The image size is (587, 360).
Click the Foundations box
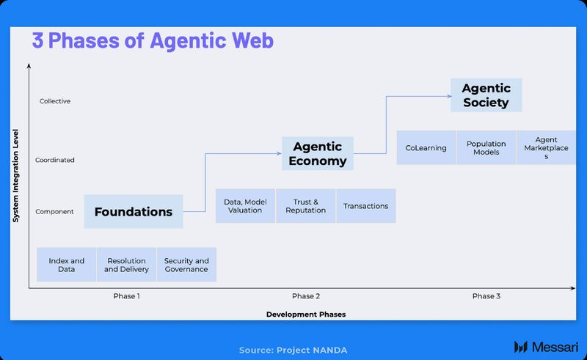(134, 212)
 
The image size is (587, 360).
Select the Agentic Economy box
(318, 154)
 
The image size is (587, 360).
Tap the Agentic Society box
(486, 95)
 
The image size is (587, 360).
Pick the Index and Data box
(67, 265)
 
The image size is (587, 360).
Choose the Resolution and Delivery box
(126, 265)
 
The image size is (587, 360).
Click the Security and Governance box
(186, 265)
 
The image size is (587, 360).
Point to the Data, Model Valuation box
(245, 206)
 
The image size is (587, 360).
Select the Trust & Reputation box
(305, 206)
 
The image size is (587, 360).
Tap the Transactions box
(365, 206)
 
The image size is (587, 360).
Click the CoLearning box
(426, 147)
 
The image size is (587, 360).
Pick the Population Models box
(486, 147)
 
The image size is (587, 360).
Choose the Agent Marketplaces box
(546, 147)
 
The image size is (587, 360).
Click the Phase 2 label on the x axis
(306, 296)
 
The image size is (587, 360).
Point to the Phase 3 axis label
(486, 296)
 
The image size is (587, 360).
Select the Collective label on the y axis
(55, 101)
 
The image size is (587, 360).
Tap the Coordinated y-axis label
(55, 160)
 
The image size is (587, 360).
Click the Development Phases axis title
(306, 315)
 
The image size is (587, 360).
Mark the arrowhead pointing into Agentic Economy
(280, 153)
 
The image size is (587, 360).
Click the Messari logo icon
(522, 346)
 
